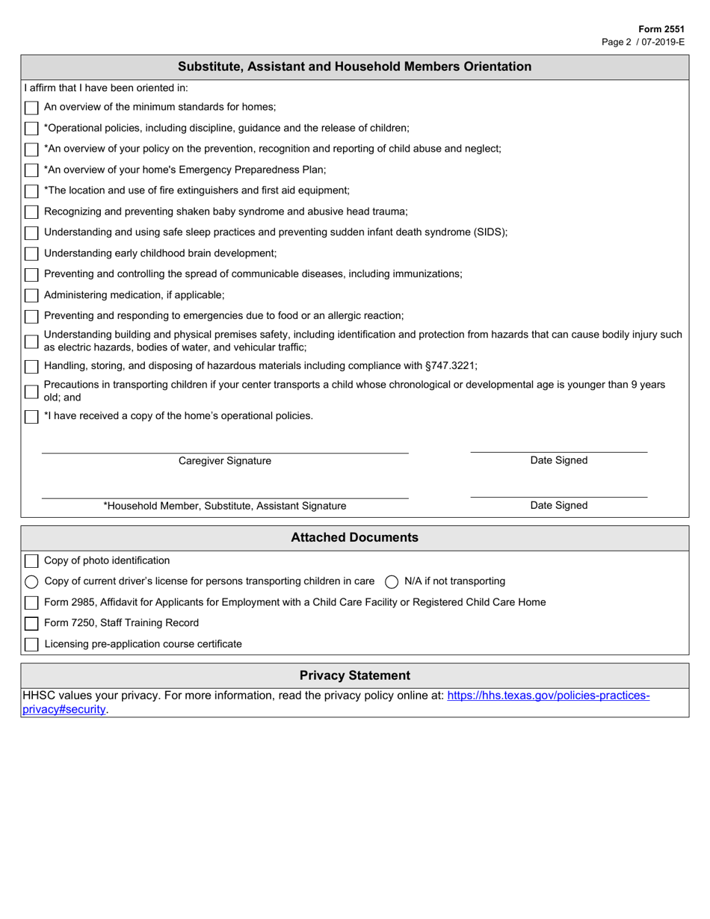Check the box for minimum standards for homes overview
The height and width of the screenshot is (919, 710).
pyautogui.click(x=31, y=108)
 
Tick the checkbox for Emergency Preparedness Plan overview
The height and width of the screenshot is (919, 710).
pyautogui.click(x=31, y=170)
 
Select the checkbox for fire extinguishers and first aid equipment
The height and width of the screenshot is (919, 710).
pyautogui.click(x=31, y=191)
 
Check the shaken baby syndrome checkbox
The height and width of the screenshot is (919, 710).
pyautogui.click(x=31, y=212)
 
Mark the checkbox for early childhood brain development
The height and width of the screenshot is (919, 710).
pyautogui.click(x=31, y=254)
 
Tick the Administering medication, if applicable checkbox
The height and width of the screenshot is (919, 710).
pyautogui.click(x=31, y=296)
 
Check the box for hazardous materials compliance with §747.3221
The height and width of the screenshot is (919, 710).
pyautogui.click(x=31, y=366)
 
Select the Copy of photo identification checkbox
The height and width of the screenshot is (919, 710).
pyautogui.click(x=31, y=561)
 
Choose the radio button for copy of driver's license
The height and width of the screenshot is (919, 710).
pyautogui.click(x=31, y=582)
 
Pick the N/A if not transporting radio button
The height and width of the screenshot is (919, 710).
pyautogui.click(x=392, y=582)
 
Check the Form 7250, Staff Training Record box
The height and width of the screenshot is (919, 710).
pyautogui.click(x=31, y=624)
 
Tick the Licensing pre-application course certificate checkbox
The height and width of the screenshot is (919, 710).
pyautogui.click(x=31, y=645)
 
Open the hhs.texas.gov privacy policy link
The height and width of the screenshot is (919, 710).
pyautogui.click(x=548, y=696)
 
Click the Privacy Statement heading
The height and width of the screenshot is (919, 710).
pyautogui.click(x=354, y=675)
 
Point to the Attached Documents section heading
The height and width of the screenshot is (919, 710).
pyautogui.click(x=354, y=538)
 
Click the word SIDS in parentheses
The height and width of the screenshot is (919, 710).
pyautogui.click(x=490, y=232)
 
